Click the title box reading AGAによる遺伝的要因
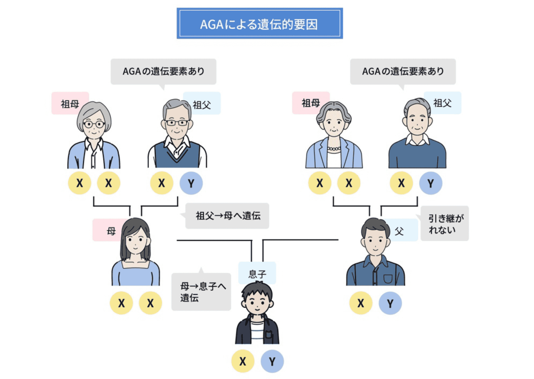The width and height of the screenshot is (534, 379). [260, 24]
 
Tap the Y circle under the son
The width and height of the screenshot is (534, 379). [272, 361]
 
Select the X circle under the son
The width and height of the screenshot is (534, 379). [243, 361]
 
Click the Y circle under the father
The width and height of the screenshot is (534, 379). [390, 303]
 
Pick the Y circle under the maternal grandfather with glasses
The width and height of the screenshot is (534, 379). [191, 183]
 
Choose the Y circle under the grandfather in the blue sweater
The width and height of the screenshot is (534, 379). [430, 183]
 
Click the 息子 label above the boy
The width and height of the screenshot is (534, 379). [257, 273]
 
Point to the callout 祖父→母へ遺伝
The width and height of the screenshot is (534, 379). [228, 216]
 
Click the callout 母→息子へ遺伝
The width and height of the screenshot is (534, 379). [202, 292]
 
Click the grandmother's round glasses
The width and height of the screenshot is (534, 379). [94, 124]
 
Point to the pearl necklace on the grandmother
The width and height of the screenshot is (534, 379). [334, 148]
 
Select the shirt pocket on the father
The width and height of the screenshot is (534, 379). [388, 278]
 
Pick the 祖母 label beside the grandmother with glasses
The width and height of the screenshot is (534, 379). [70, 104]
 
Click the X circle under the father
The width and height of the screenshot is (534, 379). [361, 303]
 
